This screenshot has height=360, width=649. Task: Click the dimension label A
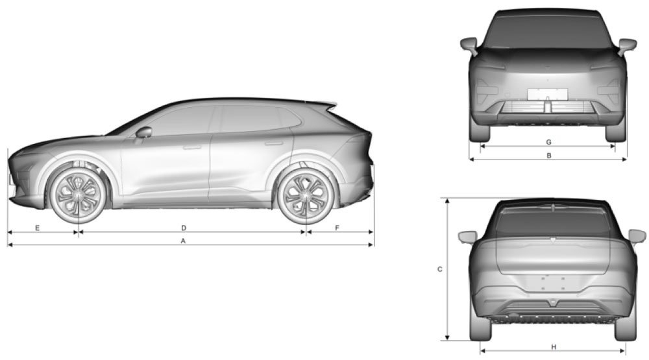click(183, 241)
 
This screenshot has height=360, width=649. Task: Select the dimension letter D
click(184, 228)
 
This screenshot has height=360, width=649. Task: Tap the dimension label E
click(37, 228)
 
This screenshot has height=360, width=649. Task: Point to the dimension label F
click(337, 228)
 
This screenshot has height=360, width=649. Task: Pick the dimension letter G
click(549, 142)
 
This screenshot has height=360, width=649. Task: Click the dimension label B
click(549, 156)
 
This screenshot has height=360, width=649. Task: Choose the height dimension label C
click(439, 269)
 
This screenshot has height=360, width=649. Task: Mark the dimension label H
click(554, 347)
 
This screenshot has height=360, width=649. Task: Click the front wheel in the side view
click(78, 193)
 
